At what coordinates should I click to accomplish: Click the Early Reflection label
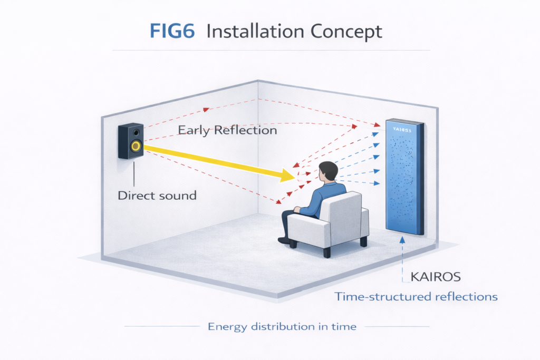(x=227, y=130)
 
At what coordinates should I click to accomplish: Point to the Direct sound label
(x=157, y=196)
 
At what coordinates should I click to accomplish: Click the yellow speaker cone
(x=136, y=146)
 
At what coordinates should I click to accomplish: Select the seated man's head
(x=329, y=171)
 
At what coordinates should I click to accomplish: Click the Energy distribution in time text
(x=282, y=327)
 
